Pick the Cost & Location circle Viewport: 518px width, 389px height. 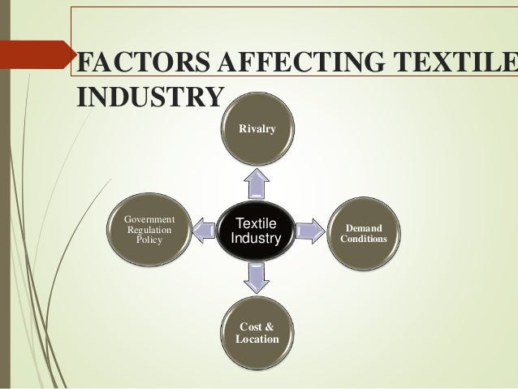coord(256,332)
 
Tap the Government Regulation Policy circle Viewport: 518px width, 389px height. coord(148,230)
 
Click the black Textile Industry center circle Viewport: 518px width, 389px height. coord(255,231)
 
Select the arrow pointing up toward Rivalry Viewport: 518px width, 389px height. coord(255,183)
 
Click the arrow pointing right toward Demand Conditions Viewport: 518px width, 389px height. coord(309,231)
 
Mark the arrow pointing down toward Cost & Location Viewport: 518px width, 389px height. coord(255,279)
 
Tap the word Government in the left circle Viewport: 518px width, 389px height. coord(148,218)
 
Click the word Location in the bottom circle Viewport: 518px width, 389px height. coord(257,338)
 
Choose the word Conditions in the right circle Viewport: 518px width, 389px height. coord(364,240)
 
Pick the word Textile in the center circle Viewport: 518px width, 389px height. coord(255,223)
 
